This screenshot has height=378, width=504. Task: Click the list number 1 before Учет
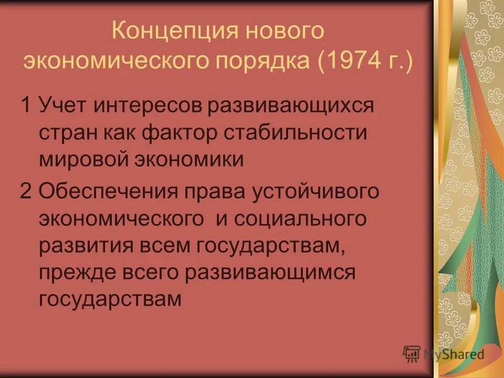click(26, 104)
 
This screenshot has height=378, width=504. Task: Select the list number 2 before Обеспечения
click(26, 191)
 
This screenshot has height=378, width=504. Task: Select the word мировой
click(84, 159)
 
